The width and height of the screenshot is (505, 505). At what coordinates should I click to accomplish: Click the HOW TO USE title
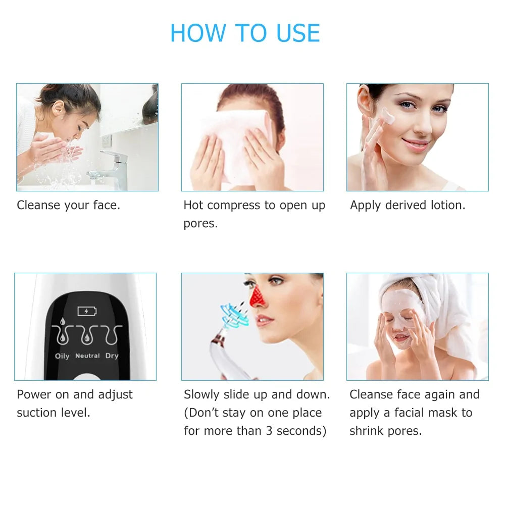(x=245, y=33)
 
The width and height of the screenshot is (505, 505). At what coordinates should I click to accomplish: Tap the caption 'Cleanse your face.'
(x=68, y=205)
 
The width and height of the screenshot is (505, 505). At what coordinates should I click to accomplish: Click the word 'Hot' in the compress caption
(x=193, y=205)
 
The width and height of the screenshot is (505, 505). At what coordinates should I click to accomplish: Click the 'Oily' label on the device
(x=62, y=356)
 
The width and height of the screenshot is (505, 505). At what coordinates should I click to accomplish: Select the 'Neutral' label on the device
(x=87, y=356)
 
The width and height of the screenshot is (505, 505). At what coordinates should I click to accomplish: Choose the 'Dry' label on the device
(x=112, y=356)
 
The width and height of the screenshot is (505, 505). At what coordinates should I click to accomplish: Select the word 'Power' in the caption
(x=34, y=394)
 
